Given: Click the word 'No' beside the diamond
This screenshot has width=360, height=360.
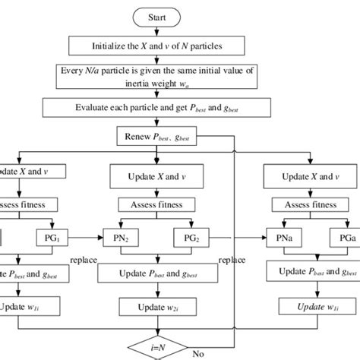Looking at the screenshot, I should click(199, 352).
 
